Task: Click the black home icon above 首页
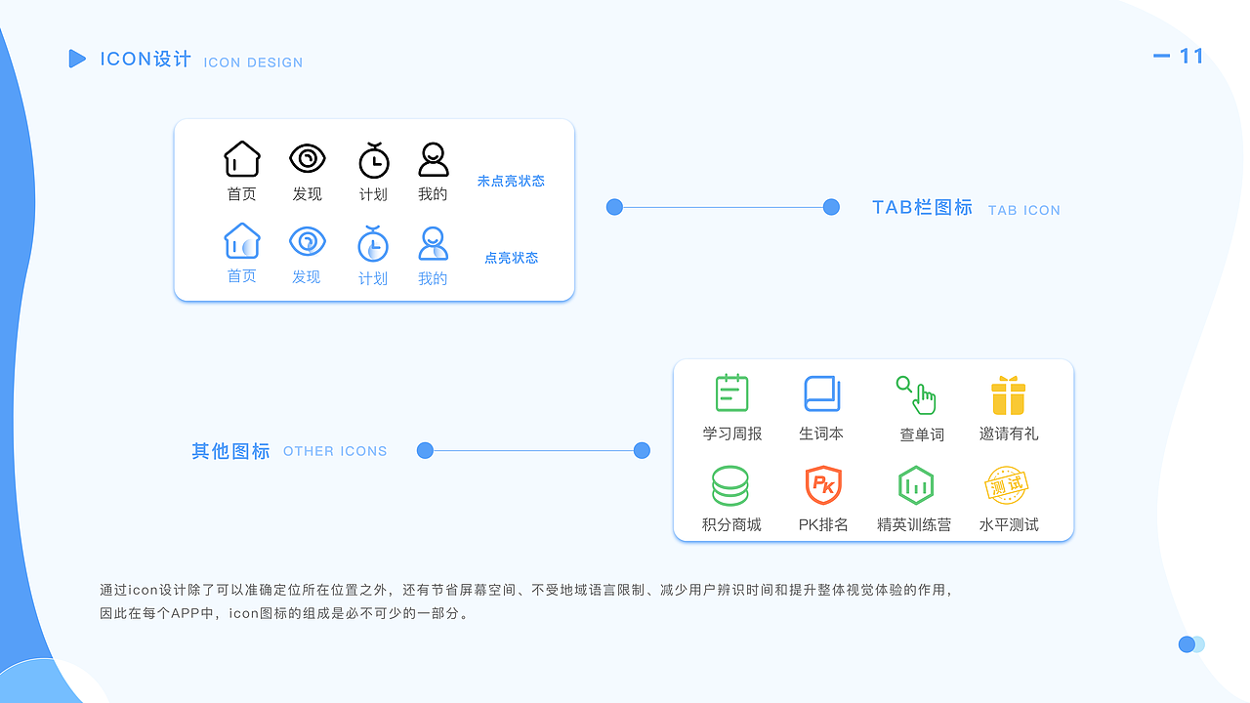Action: (x=241, y=158)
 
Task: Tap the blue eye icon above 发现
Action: (x=307, y=241)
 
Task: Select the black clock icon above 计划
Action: (x=373, y=161)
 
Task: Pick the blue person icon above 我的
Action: (x=433, y=243)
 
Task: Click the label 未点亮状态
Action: (x=511, y=181)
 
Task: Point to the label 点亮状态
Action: (x=511, y=258)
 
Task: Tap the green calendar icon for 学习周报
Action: (x=731, y=393)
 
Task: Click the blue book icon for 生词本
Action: (x=822, y=393)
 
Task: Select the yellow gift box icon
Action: (x=1009, y=395)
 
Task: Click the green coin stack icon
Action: (x=729, y=485)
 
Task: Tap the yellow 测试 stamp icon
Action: (x=1006, y=485)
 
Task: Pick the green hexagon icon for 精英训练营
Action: (x=916, y=485)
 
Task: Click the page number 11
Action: (x=1190, y=56)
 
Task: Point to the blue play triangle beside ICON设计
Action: (x=77, y=59)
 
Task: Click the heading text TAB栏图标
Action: (x=923, y=208)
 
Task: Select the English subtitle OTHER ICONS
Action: (x=335, y=451)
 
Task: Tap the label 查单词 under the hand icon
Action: (x=922, y=434)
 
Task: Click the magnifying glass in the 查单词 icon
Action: (x=904, y=385)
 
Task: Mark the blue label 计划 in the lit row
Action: (x=373, y=278)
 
